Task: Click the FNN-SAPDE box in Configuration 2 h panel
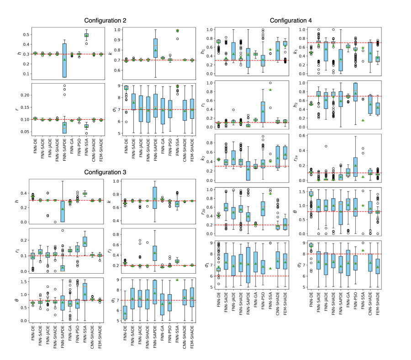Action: (64, 60)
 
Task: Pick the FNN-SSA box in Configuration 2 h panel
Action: (86, 35)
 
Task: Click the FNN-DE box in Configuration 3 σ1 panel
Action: (126, 313)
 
